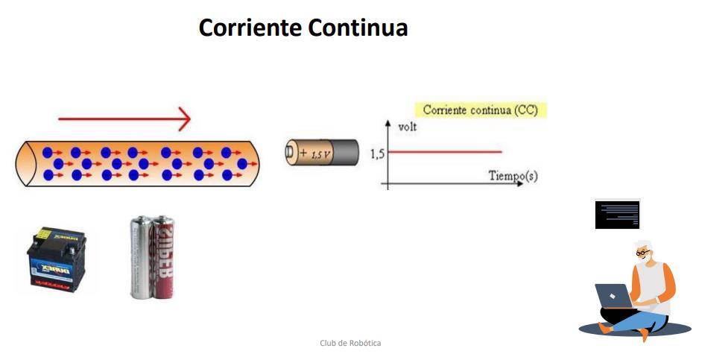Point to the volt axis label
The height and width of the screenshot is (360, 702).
tap(408, 127)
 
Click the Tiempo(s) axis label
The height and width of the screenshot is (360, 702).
tap(513, 176)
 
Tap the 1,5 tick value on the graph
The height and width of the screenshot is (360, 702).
tap(376, 154)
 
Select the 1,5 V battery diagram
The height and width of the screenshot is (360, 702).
tap(322, 153)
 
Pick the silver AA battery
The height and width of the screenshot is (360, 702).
tap(141, 257)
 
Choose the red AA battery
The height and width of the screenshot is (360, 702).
tap(162, 257)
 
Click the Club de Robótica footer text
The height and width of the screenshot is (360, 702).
tap(350, 343)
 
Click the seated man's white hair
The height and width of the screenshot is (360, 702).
tap(645, 245)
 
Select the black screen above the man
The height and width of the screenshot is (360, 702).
tap(617, 214)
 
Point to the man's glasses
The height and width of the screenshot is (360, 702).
tap(641, 254)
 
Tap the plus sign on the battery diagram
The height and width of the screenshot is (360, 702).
tap(303, 154)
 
